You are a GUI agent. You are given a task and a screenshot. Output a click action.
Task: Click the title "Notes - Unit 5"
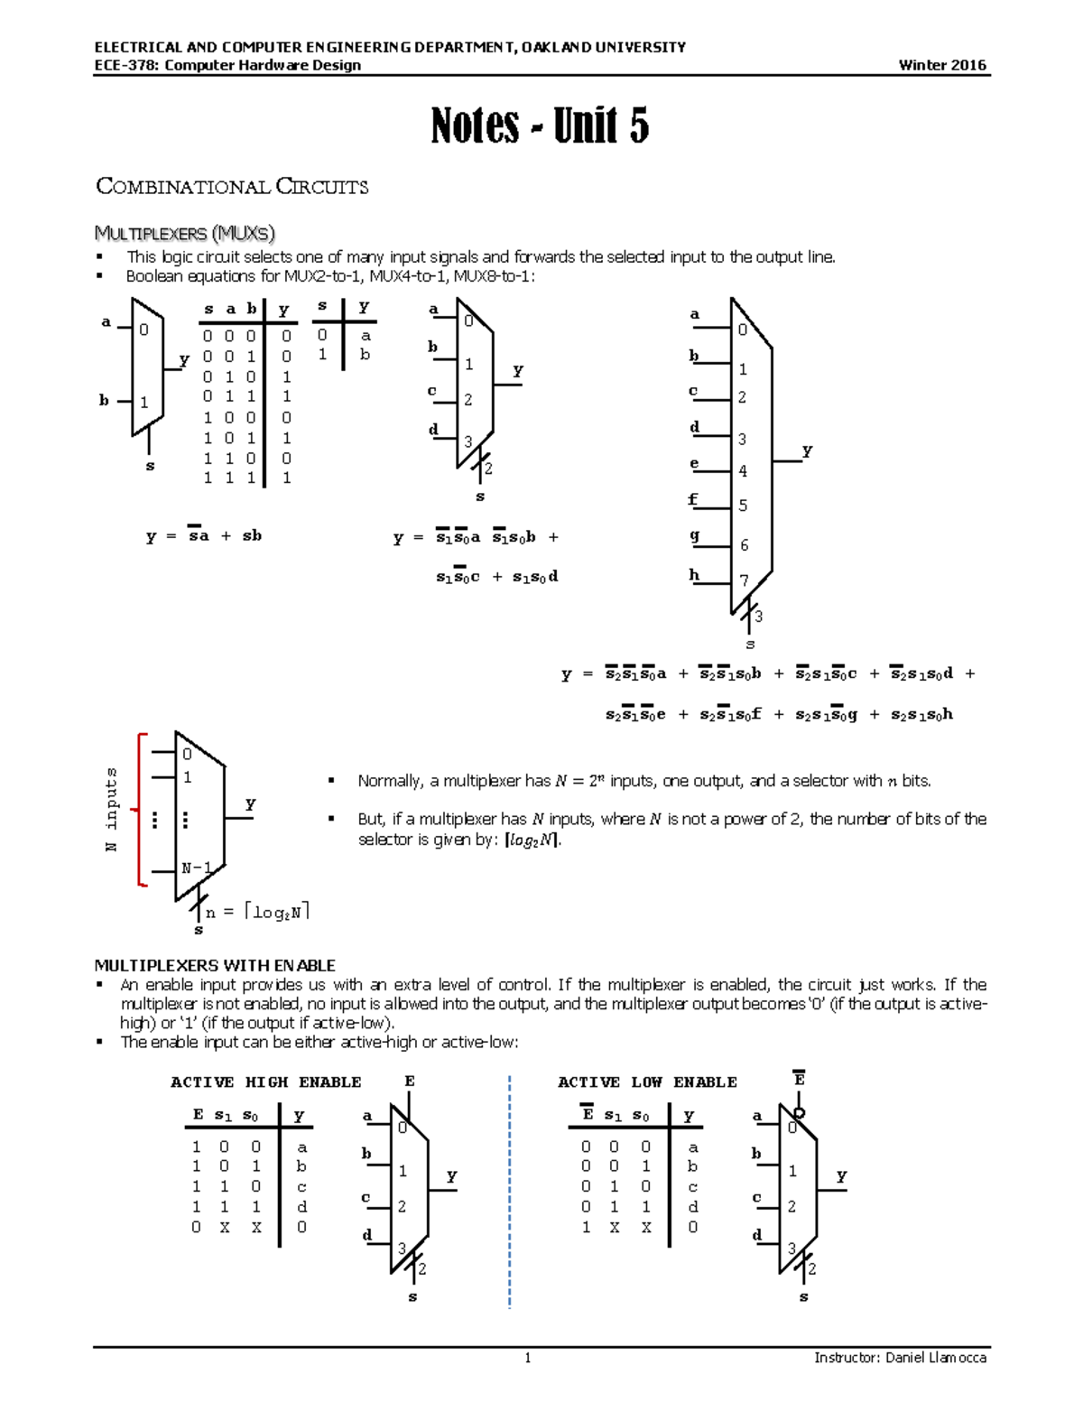pos(540,125)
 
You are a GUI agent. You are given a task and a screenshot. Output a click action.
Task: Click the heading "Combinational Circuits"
pos(232,187)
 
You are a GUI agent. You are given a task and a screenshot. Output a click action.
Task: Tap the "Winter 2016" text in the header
pos(942,65)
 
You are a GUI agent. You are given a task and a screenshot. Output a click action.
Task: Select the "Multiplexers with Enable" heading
pos(215,965)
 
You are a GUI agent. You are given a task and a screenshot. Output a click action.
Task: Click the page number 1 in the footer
pos(528,1358)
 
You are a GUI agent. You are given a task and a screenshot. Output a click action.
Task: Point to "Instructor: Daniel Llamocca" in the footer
pos(900,1358)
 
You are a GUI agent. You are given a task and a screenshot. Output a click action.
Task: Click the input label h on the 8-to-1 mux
pos(694,574)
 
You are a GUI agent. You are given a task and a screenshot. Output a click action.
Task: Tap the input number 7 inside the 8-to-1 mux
pos(744,580)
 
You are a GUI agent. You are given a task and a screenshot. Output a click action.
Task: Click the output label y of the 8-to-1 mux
pos(807,450)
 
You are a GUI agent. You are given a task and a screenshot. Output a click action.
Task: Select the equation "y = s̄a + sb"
pos(204,535)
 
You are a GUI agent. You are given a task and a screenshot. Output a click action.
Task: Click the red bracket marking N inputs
pos(141,809)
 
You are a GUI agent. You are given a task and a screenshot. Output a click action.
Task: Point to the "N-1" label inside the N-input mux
pos(196,868)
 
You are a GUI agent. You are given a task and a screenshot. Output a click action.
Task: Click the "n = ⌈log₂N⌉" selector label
pos(257,912)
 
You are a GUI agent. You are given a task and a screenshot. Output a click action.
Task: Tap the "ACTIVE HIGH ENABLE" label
pos(265,1082)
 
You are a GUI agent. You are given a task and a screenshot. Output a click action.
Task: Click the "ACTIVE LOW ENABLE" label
pos(647,1082)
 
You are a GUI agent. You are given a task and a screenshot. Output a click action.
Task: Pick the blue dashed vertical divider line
pos(510,1192)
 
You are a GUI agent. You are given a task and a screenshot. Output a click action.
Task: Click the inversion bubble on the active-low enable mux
pos(799,1113)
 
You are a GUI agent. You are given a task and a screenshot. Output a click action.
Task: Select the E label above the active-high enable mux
pos(410,1081)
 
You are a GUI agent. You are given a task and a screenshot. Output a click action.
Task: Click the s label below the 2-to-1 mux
pos(150,466)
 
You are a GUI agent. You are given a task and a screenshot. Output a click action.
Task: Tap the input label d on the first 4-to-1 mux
pos(434,429)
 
